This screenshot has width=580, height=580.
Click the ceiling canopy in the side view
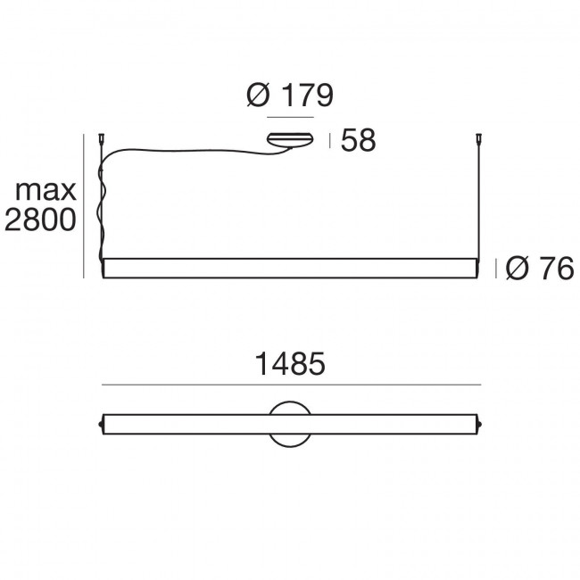[290, 140]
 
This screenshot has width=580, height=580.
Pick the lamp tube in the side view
[291, 268]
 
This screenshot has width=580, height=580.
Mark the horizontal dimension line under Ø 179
[290, 117]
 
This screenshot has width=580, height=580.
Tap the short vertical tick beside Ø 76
[497, 268]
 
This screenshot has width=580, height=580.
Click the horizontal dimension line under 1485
[291, 385]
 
